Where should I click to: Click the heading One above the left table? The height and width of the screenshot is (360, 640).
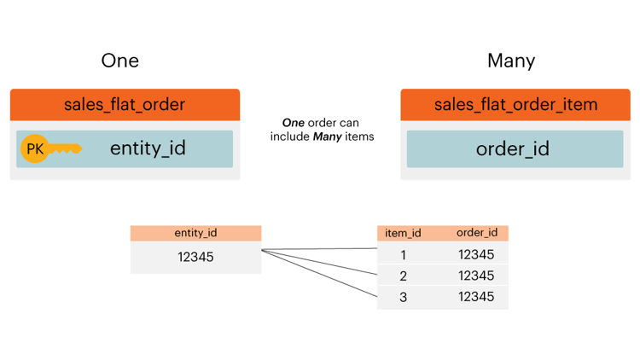pos(119,61)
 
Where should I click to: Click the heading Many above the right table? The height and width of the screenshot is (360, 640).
pos(510,61)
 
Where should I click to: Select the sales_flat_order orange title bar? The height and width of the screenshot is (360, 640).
pos(125,105)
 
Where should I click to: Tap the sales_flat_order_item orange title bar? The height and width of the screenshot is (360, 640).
pos(515,105)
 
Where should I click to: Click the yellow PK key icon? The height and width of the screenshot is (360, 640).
pos(49,149)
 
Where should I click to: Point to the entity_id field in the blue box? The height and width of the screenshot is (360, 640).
pos(148,148)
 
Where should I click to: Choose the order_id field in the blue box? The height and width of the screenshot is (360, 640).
pos(512,149)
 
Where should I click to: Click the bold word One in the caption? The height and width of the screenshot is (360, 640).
pos(294,123)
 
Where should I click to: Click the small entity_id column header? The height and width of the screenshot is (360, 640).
pos(195,233)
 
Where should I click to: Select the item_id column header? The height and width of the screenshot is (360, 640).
pos(403,233)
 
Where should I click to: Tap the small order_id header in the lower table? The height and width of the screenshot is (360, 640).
pos(476,233)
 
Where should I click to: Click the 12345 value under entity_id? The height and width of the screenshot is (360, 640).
pos(195,257)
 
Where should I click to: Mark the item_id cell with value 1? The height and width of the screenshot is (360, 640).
pos(403,254)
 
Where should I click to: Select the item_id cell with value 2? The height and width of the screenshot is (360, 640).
pos(403,276)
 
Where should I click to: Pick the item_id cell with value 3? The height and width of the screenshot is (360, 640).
pos(403,297)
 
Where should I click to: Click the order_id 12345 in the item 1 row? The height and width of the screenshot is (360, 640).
pos(476,254)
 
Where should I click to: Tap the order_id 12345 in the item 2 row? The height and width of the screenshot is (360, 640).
pos(476,276)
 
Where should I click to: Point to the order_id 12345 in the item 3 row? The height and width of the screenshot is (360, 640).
pos(476,297)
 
